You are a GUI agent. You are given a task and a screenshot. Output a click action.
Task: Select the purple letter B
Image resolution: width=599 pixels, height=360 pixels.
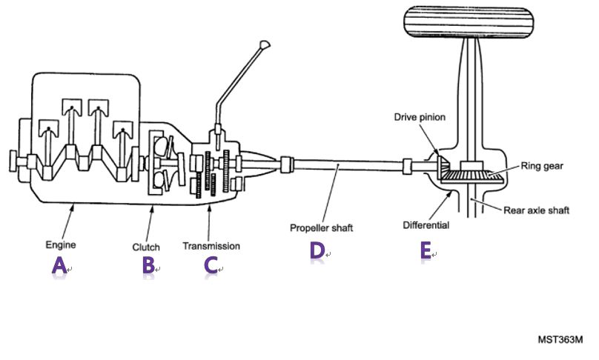[148, 265]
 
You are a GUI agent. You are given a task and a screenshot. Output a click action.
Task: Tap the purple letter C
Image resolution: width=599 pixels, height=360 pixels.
[211, 265]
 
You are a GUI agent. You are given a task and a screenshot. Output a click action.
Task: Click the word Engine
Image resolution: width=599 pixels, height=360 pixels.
[61, 243]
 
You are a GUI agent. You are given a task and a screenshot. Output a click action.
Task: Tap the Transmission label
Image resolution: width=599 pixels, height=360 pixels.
[211, 244]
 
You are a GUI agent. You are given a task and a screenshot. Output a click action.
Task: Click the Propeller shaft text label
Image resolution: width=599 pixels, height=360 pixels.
[322, 228]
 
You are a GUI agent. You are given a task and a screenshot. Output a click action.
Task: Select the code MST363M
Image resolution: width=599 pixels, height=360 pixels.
[560, 340]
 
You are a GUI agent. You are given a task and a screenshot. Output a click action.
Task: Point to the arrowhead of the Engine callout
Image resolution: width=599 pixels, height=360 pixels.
[72, 204]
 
